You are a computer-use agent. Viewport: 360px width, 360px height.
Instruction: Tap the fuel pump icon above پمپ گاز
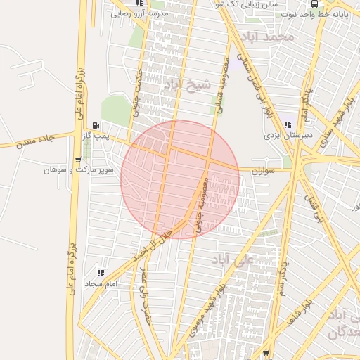pos(95,125)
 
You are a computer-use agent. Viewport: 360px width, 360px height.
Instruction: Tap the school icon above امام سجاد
pos(101,274)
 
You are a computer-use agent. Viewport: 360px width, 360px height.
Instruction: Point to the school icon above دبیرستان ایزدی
pos(288,124)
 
